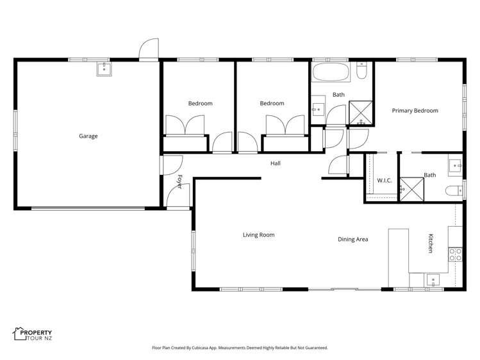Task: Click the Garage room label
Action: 88,136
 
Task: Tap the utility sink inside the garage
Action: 104,69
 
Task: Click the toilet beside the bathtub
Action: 361,70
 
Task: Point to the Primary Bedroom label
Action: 415,111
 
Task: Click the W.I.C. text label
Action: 384,181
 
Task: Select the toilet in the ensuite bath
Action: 454,190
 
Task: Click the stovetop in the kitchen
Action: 455,254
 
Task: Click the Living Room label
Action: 258,235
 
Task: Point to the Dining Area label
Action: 352,240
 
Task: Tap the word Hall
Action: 275,163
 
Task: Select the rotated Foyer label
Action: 179,181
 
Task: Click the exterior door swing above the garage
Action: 150,49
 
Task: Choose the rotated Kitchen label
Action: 430,243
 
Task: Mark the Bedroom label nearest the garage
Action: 200,104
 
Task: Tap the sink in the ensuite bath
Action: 456,165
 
